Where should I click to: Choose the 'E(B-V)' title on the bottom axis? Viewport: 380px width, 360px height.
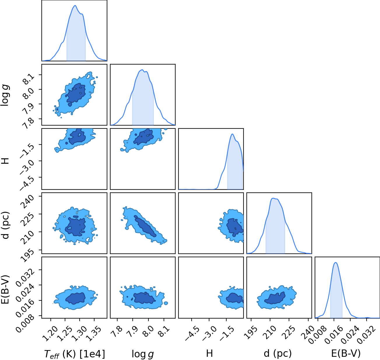pos(346,353)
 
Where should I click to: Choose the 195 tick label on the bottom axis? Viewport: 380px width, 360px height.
pos(250,333)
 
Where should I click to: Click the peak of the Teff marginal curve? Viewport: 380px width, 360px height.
pos(75,6)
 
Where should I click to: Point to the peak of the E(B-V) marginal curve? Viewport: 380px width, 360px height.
pos(336,262)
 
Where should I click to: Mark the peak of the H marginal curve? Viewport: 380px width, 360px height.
pos(232,134)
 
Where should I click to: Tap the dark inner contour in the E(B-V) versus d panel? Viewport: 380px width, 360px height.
pos(275,298)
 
